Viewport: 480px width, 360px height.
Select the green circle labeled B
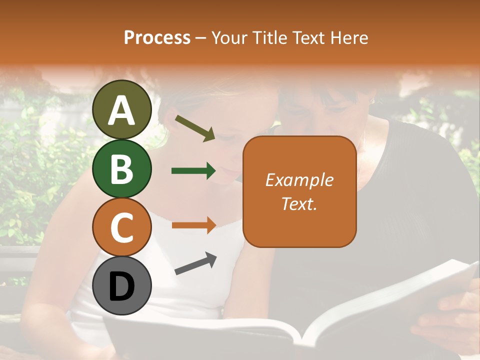tap(122, 169)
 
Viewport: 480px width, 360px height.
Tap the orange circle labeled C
tap(122, 227)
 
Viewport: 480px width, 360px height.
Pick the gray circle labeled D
tap(122, 285)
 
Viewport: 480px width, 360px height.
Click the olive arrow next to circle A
tap(194, 128)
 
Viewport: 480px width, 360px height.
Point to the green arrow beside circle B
tap(193, 171)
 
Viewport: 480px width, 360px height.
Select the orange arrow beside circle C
tap(193, 224)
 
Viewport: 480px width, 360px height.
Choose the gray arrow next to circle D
tap(195, 263)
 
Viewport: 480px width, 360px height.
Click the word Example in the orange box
tap(299, 180)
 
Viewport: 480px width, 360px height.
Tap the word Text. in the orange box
tap(299, 203)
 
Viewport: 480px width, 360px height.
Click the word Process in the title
tap(157, 37)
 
